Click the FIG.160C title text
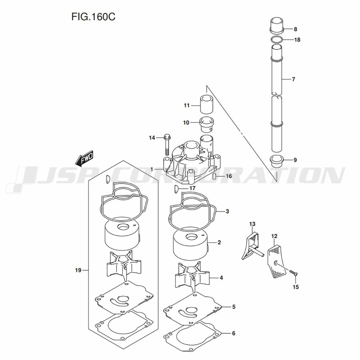[93, 17]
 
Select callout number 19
[78, 270]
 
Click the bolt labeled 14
[167, 145]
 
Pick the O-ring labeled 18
[276, 40]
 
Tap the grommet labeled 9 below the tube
[277, 162]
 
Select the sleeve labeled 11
[207, 104]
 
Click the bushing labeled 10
[207, 124]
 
